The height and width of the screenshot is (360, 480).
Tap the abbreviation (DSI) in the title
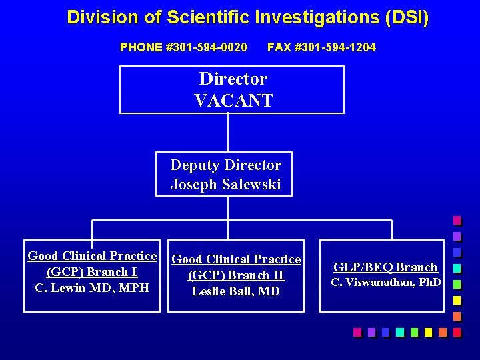(407, 17)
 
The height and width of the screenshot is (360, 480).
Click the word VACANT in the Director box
(233, 101)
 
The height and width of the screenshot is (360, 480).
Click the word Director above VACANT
(233, 79)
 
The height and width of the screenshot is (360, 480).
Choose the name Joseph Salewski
(225, 184)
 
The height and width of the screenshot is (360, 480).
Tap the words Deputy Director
(225, 165)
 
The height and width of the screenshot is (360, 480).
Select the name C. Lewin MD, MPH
(92, 288)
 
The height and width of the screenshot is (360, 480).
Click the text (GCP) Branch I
(92, 272)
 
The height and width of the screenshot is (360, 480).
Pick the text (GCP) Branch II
(236, 275)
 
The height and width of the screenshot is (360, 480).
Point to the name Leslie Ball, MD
(236, 291)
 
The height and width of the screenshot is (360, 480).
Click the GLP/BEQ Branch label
(386, 267)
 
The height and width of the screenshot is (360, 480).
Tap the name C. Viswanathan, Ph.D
(386, 282)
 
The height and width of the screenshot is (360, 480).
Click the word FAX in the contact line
(279, 47)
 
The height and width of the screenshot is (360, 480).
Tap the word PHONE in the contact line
(141, 47)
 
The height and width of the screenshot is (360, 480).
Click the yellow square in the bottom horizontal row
(429, 332)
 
